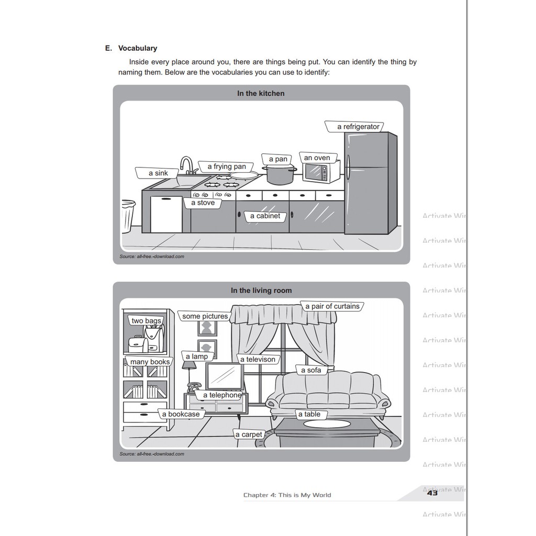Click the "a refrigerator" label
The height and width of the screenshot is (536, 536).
tap(358, 127)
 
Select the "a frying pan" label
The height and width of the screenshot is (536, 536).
tap(226, 166)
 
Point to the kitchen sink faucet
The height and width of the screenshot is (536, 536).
tap(186, 165)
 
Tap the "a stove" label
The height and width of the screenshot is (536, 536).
tap(203, 203)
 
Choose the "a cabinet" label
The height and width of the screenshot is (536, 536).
tap(265, 216)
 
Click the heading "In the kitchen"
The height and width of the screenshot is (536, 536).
tap(261, 93)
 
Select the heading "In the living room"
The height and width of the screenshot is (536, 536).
tap(261, 291)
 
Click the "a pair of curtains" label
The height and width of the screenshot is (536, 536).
tap(332, 306)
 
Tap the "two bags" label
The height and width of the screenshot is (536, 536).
tap(146, 321)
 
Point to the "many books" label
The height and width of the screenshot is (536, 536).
tap(150, 362)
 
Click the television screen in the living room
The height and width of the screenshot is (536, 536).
tap(225, 376)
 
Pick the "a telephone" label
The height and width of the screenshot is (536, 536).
tap(222, 395)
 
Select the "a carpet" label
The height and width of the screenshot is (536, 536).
tap(249, 434)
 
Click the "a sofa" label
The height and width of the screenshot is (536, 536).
tap(311, 370)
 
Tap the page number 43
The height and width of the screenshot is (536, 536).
tap(432, 493)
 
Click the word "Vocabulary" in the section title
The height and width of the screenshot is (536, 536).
tap(138, 48)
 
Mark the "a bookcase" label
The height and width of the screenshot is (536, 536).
tap(181, 414)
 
